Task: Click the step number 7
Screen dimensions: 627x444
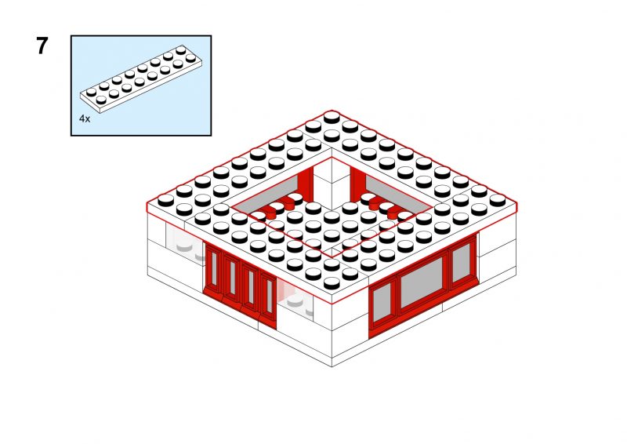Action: coord(42,45)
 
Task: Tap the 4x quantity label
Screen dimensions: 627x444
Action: coord(85,118)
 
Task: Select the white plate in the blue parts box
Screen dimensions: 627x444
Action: coord(141,79)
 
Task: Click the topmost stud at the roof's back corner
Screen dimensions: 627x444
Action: coord(332,118)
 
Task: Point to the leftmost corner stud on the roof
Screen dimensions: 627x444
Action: coord(165,200)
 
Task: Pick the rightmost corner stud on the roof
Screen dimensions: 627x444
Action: coord(498,200)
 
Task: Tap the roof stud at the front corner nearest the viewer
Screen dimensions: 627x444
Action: coord(332,283)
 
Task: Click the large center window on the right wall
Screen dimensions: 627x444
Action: coord(422,282)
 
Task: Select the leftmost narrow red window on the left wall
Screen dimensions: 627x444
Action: coord(214,268)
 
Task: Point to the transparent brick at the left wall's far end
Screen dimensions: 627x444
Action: coord(186,243)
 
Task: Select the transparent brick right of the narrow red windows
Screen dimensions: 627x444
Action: coord(295,298)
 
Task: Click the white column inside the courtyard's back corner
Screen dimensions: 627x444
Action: coord(332,184)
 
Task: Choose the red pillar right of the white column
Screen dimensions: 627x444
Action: coord(357,185)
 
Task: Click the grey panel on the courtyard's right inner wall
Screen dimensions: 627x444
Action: coord(398,196)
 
